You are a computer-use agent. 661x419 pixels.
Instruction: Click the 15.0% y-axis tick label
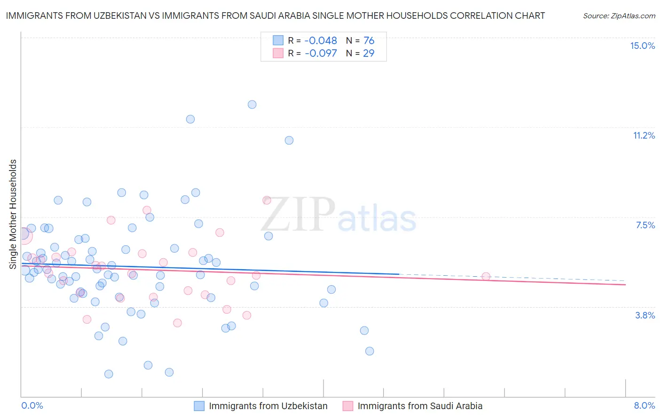[642, 46]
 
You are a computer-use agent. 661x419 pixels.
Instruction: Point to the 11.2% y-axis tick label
[644, 135]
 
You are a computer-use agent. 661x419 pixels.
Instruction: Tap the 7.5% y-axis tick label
[645, 225]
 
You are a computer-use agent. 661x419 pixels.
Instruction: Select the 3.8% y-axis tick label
[645, 315]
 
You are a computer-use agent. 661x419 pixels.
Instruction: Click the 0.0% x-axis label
[32, 405]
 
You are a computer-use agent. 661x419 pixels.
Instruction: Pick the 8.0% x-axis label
[644, 405]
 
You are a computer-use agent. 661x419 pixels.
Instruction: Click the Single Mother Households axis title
[13, 214]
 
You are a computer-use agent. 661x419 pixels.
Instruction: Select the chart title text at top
[275, 16]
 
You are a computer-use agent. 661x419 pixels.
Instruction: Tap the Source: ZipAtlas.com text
[619, 16]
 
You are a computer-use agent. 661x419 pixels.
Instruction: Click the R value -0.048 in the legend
[321, 41]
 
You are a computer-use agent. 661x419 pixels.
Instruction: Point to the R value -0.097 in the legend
[321, 54]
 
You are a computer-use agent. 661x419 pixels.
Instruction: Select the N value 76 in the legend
[369, 41]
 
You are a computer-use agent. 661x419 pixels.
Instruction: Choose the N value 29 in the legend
[369, 54]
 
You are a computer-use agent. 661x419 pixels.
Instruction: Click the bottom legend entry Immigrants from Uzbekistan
[268, 406]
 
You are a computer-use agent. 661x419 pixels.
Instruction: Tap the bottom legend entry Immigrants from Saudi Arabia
[420, 406]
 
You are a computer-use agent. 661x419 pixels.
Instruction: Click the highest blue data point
[252, 104]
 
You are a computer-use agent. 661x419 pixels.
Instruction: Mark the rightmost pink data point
[486, 277]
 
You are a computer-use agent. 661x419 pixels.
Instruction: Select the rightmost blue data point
[370, 351]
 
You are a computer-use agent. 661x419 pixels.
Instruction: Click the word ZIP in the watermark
[298, 215]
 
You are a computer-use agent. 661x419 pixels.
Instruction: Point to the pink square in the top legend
[278, 53]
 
